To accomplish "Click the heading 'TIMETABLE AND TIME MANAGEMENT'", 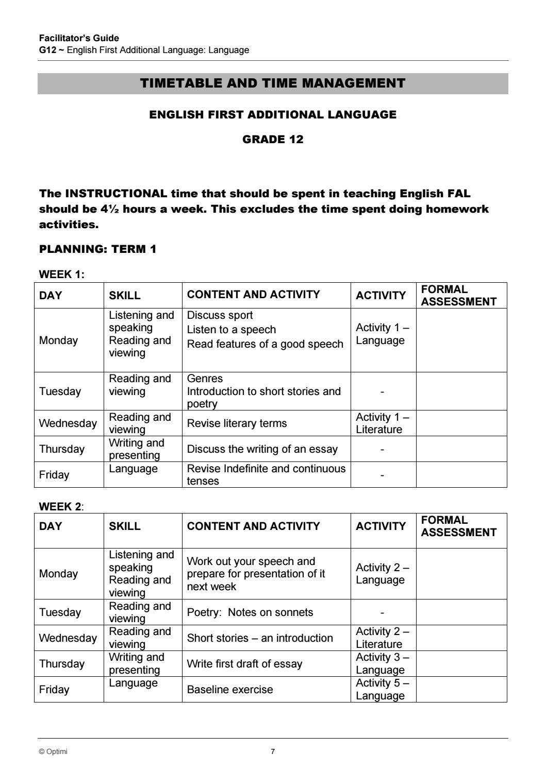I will (x=272, y=83).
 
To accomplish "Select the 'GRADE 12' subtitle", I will (x=273, y=140).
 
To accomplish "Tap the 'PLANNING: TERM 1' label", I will (x=97, y=249).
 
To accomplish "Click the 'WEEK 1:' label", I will (x=61, y=275).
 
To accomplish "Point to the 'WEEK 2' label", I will (x=60, y=506).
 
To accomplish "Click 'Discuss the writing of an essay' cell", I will (x=262, y=449).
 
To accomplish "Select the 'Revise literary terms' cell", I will (x=237, y=423).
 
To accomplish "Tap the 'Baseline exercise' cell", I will (x=230, y=690).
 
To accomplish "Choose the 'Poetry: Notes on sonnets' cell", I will (x=250, y=612).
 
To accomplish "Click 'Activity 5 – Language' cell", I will (x=382, y=689).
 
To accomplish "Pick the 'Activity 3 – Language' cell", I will (x=382, y=663).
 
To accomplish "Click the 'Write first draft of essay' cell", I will (x=244, y=664).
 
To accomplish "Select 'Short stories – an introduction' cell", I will (x=260, y=638).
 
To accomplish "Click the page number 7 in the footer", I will (x=273, y=751).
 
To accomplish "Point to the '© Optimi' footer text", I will (x=53, y=751).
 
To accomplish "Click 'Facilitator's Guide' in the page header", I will (x=79, y=38).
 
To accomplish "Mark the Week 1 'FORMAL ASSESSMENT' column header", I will (x=458, y=295).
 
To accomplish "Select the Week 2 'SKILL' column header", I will (x=125, y=526).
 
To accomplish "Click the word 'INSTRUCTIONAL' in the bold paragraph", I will (x=116, y=194).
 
